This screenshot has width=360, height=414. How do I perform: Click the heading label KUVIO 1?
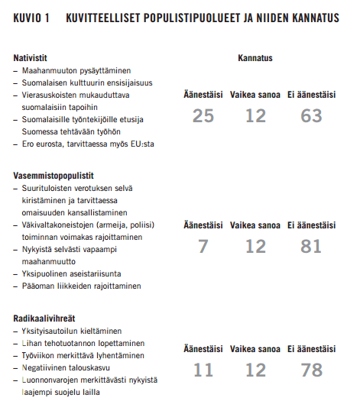[31, 18]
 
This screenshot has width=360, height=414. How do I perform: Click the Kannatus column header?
[255, 58]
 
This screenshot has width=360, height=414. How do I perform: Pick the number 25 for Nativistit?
[203, 115]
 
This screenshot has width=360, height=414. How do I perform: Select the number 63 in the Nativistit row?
[312, 115]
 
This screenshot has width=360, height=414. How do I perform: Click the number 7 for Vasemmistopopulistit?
[203, 246]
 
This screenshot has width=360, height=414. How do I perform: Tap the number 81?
[312, 246]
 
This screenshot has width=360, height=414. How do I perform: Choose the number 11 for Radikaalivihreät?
[203, 370]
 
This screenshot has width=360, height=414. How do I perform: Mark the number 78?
[312, 370]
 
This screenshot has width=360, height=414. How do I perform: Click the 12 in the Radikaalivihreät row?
[255, 370]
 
